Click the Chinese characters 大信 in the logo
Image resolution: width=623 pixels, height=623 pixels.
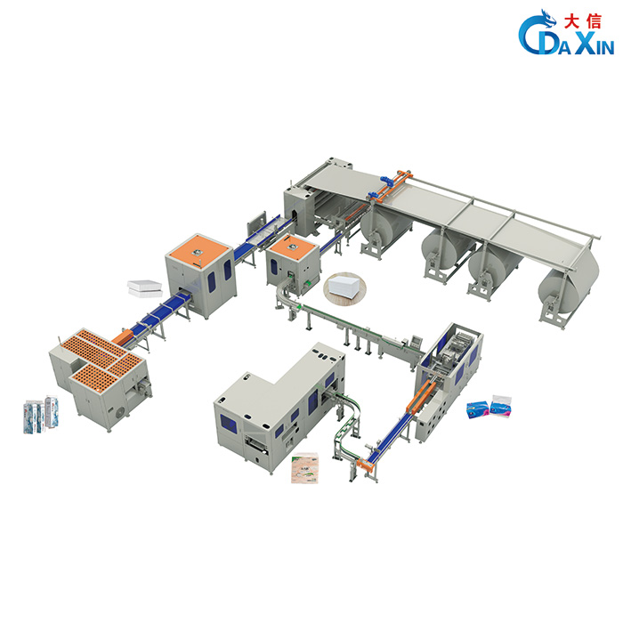[582, 21]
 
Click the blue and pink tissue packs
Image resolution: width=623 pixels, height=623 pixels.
[489, 407]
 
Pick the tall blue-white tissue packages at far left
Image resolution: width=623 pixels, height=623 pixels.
[41, 415]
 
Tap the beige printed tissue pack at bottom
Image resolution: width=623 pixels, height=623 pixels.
[304, 467]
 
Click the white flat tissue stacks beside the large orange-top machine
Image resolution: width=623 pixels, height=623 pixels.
[145, 289]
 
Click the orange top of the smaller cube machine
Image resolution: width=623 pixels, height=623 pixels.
[292, 247]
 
